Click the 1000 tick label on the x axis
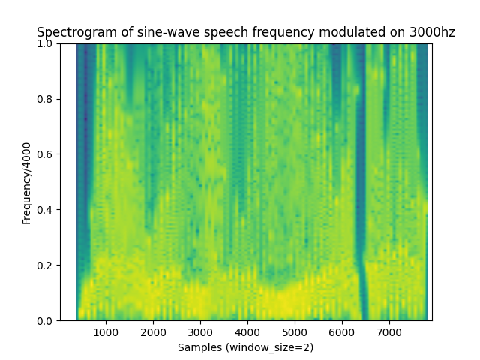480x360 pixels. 106,332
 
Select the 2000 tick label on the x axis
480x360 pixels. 153,332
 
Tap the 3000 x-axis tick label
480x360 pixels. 200,332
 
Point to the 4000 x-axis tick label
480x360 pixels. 247,332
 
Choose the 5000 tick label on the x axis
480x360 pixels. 295,332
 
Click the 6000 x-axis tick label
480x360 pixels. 342,332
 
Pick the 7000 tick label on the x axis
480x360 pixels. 389,332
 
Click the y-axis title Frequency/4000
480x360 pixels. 27,182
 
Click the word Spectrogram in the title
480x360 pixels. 72,32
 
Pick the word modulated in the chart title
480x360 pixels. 324,32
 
